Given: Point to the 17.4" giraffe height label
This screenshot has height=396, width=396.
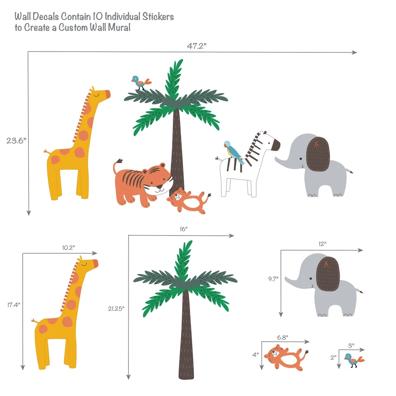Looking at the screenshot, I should click(x=14, y=305).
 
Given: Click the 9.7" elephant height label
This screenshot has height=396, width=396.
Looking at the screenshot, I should click(x=273, y=279).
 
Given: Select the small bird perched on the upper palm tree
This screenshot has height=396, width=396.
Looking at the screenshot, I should click(x=139, y=82).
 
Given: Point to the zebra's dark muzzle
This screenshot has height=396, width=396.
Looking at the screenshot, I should click(x=276, y=145).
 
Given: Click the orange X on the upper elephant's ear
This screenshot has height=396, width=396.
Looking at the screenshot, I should click(x=316, y=144).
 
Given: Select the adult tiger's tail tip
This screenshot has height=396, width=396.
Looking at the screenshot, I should click(x=119, y=160).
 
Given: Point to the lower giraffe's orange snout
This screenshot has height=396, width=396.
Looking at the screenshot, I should click(x=95, y=263).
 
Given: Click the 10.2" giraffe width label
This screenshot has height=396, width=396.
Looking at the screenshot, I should click(x=68, y=248).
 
